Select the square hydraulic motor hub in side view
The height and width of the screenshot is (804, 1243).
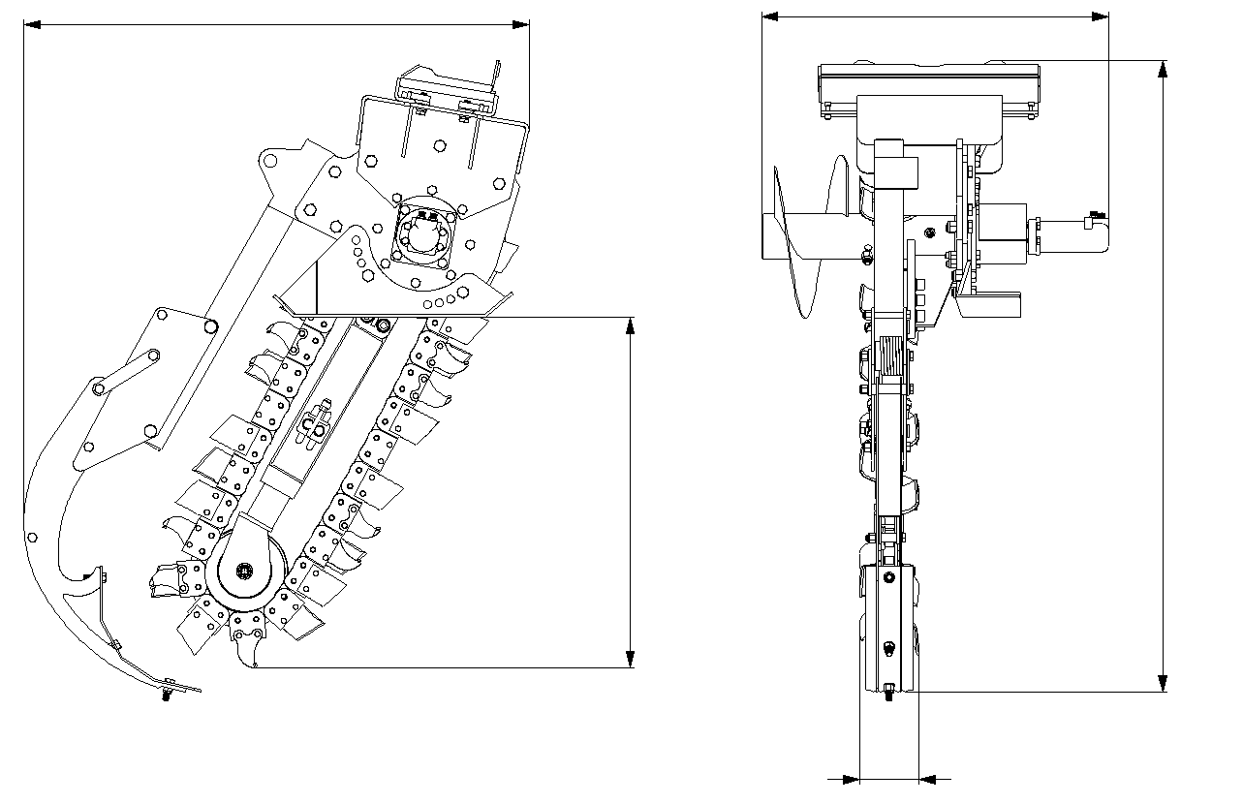pyautogui.click(x=419, y=234)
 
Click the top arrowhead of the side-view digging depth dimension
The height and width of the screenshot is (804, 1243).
pyautogui.click(x=631, y=325)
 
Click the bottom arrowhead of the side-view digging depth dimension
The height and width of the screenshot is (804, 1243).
pyautogui.click(x=631, y=659)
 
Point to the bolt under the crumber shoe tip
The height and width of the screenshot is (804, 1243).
pyautogui.click(x=168, y=694)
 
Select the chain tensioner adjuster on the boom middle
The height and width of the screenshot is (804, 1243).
pyautogui.click(x=313, y=424)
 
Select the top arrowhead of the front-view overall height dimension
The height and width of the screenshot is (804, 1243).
pyautogui.click(x=1163, y=69)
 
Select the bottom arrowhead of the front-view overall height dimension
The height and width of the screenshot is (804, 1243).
pyautogui.click(x=1163, y=684)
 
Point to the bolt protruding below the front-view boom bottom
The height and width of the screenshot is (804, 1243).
pyautogui.click(x=888, y=691)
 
